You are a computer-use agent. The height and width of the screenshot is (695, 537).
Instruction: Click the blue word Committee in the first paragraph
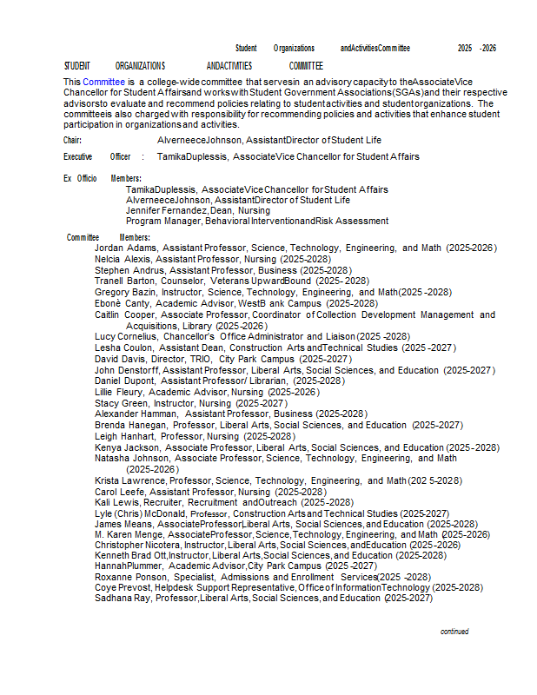pyautogui.click(x=104, y=81)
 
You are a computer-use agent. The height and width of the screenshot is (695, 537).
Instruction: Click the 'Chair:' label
pyautogui.click(x=73, y=140)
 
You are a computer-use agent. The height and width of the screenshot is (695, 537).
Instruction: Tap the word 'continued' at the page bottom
pyautogui.click(x=454, y=632)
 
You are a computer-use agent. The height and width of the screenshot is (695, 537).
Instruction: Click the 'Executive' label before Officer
pyautogui.click(x=78, y=157)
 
